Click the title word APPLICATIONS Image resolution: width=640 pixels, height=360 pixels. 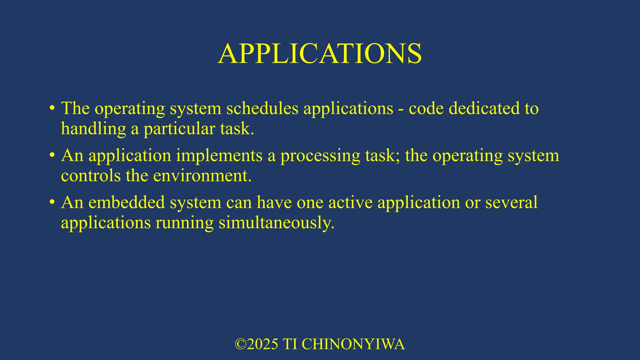coord(320,54)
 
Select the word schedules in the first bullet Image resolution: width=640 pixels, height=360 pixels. coord(262,108)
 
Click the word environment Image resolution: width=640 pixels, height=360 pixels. coord(202,176)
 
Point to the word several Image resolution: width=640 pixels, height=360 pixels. coord(511,202)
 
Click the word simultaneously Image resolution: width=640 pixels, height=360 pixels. coord(276,223)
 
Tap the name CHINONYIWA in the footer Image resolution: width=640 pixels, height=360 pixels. coord(353,344)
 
